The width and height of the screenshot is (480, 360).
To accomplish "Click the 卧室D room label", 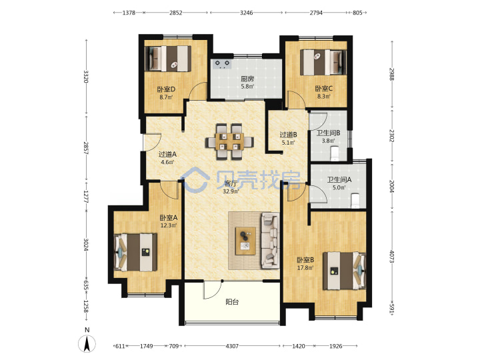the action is [x=166, y=89].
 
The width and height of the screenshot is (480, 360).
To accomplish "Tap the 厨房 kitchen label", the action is [x=247, y=79].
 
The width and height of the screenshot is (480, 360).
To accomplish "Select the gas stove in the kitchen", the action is [x=222, y=64].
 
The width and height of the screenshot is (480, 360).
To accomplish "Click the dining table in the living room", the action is [x=229, y=141].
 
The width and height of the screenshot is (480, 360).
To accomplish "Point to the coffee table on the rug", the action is [x=245, y=241].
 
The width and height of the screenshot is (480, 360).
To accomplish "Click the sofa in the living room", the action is [x=270, y=241].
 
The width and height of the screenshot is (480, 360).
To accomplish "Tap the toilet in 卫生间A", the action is [x=355, y=201].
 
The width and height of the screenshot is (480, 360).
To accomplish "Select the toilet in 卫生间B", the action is [x=335, y=154].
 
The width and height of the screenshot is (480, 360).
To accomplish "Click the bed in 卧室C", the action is [x=323, y=62].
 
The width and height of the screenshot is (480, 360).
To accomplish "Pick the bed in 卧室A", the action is [x=135, y=252].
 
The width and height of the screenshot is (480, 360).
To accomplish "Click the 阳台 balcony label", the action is [x=232, y=302].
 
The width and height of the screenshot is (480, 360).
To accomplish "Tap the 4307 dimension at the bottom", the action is [x=232, y=346].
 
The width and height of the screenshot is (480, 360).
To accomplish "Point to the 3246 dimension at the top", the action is [x=246, y=13].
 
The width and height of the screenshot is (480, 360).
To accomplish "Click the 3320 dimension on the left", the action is [x=86, y=77].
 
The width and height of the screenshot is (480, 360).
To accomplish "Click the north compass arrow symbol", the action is [x=87, y=343].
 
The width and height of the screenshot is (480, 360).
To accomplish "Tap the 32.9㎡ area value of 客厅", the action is [x=231, y=191].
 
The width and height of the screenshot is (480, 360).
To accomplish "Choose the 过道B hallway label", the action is [x=289, y=135].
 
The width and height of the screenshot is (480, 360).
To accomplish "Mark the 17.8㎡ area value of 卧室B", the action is [x=305, y=268].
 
